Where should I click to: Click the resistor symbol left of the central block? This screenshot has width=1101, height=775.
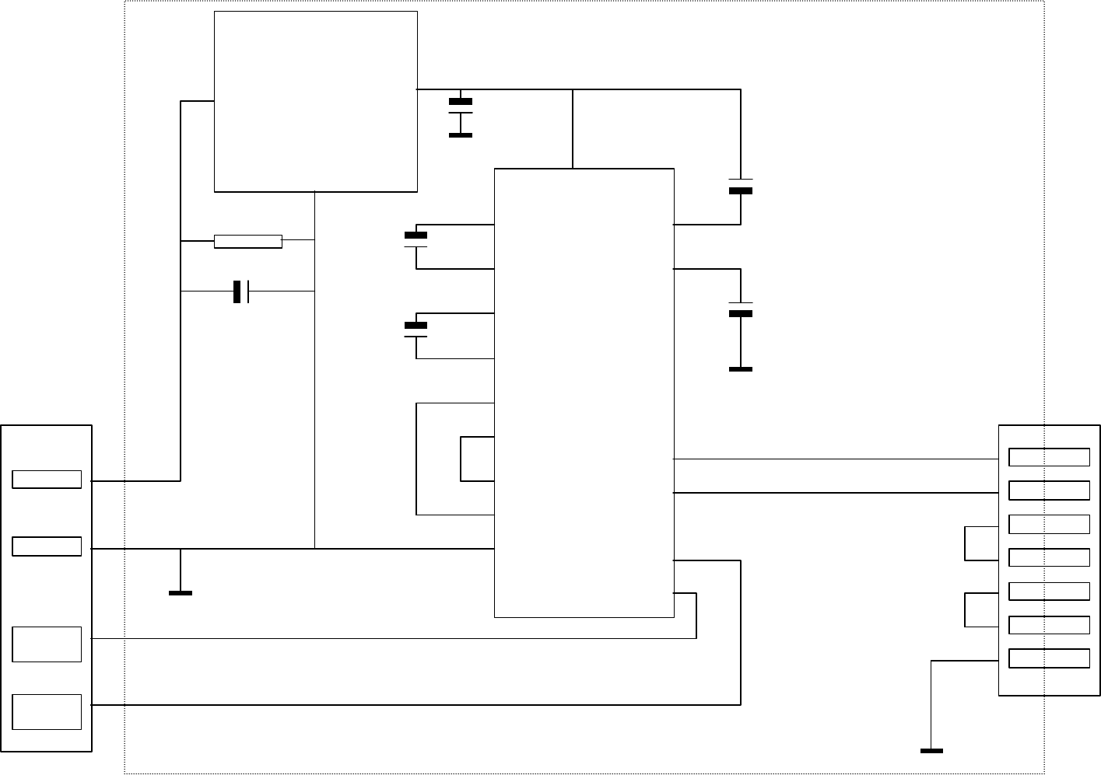click(x=247, y=241)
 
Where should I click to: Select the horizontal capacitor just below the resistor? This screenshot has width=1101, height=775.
click(x=241, y=291)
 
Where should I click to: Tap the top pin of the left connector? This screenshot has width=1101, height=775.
click(x=47, y=480)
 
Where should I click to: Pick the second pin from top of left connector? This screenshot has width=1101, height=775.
click(x=47, y=546)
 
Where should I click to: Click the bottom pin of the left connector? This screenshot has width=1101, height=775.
click(x=47, y=712)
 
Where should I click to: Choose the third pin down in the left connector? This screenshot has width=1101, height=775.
click(x=47, y=644)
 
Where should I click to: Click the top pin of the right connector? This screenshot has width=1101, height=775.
click(x=1049, y=457)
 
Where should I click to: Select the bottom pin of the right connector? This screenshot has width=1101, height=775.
click(x=1049, y=658)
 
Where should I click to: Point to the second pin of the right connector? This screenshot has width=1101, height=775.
click(x=1049, y=490)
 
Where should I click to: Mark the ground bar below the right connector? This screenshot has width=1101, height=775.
click(x=931, y=751)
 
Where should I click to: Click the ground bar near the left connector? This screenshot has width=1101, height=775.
click(x=181, y=593)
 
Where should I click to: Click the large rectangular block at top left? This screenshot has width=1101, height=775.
click(x=315, y=101)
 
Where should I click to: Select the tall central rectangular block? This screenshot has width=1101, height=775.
click(x=584, y=393)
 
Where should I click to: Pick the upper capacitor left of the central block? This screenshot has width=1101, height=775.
click(x=416, y=240)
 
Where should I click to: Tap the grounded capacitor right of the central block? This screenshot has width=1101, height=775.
click(x=741, y=309)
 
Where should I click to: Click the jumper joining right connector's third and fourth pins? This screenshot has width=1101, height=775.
click(x=966, y=543)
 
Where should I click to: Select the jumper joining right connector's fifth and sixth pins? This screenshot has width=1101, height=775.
click(x=966, y=609)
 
